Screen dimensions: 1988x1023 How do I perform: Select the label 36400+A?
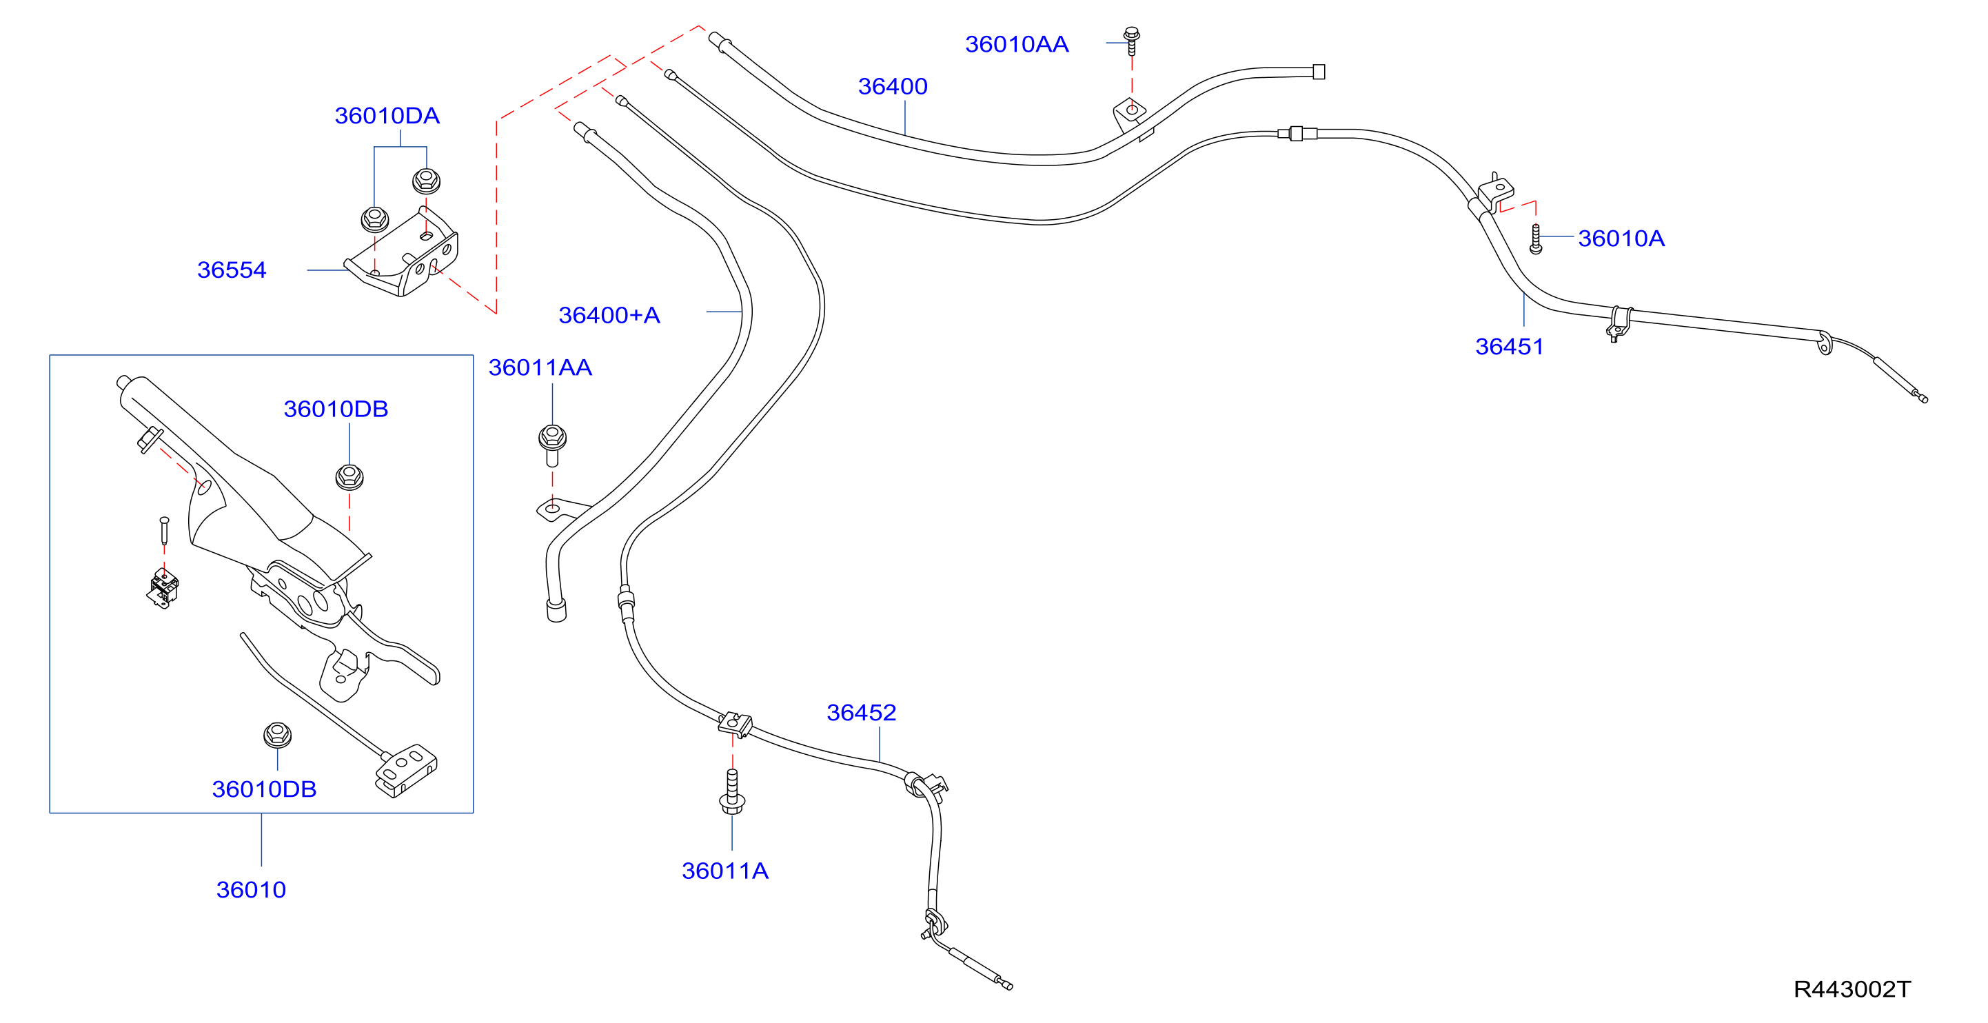coord(609,316)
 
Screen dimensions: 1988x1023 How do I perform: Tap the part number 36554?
coord(232,270)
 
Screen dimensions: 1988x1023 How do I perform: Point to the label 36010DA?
coord(387,116)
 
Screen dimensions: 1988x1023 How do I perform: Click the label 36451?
coord(1510,347)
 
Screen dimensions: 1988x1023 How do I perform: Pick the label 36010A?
coord(1621,239)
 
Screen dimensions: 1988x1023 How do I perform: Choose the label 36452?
coord(861,713)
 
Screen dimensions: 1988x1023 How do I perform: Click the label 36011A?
coord(724,871)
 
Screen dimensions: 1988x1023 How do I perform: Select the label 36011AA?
coord(540,368)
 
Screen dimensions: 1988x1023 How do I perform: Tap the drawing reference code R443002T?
coord(1852,989)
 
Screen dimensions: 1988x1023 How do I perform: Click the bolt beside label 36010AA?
coord(1131,41)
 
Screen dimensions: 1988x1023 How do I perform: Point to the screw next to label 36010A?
coord(1535,239)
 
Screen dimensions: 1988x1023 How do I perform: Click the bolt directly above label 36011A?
coord(731,791)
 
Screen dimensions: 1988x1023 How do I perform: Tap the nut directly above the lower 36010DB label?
coord(277,734)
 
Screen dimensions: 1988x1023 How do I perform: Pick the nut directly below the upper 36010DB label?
coord(349,477)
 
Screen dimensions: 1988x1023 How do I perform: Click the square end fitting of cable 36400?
coord(1319,72)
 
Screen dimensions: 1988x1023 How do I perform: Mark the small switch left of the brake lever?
coord(163,589)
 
